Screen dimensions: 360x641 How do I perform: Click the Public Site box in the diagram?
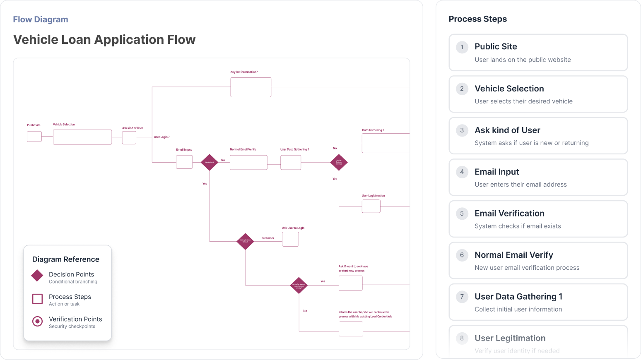[34, 137]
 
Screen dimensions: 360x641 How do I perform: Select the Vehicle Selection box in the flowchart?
[82, 137]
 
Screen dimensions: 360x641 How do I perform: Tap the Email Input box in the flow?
[184, 162]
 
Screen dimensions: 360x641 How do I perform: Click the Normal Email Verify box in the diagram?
[248, 162]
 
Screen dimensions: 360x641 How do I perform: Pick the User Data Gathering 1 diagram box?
[291, 162]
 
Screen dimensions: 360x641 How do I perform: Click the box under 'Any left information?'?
[251, 87]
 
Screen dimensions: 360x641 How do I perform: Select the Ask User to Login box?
[290, 239]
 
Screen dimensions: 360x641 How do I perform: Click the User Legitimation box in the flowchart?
[371, 206]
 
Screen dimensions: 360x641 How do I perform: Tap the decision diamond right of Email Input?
[210, 162]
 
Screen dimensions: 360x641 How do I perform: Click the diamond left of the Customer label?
[245, 241]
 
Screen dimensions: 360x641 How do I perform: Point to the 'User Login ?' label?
[161, 137]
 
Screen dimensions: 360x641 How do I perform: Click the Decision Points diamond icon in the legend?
[37, 276]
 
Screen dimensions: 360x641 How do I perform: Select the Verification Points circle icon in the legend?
[37, 321]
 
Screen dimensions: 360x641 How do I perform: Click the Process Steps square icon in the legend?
[37, 299]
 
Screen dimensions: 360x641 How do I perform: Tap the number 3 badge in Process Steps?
[462, 130]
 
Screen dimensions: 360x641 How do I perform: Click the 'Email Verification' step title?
[509, 214]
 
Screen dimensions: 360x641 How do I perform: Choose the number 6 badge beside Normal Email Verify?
[462, 255]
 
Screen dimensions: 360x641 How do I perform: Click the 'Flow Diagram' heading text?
[41, 19]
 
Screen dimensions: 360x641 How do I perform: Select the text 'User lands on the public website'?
[523, 60]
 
